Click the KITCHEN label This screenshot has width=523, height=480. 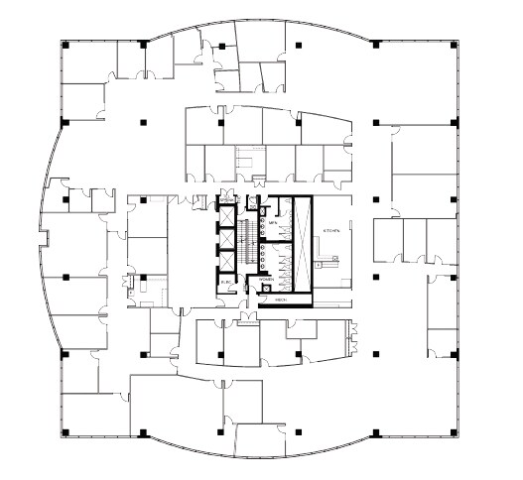coord(331,230)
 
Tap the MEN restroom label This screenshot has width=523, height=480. coord(273,222)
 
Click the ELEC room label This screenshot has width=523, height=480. coord(226,283)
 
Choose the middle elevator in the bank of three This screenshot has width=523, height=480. coord(227,237)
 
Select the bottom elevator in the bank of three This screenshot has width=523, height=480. coord(227,260)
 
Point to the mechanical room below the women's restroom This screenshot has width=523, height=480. coord(281,299)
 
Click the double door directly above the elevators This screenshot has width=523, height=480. coord(227,196)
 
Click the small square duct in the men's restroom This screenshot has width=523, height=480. coord(263,209)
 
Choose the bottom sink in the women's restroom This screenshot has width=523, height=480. coord(263,268)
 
